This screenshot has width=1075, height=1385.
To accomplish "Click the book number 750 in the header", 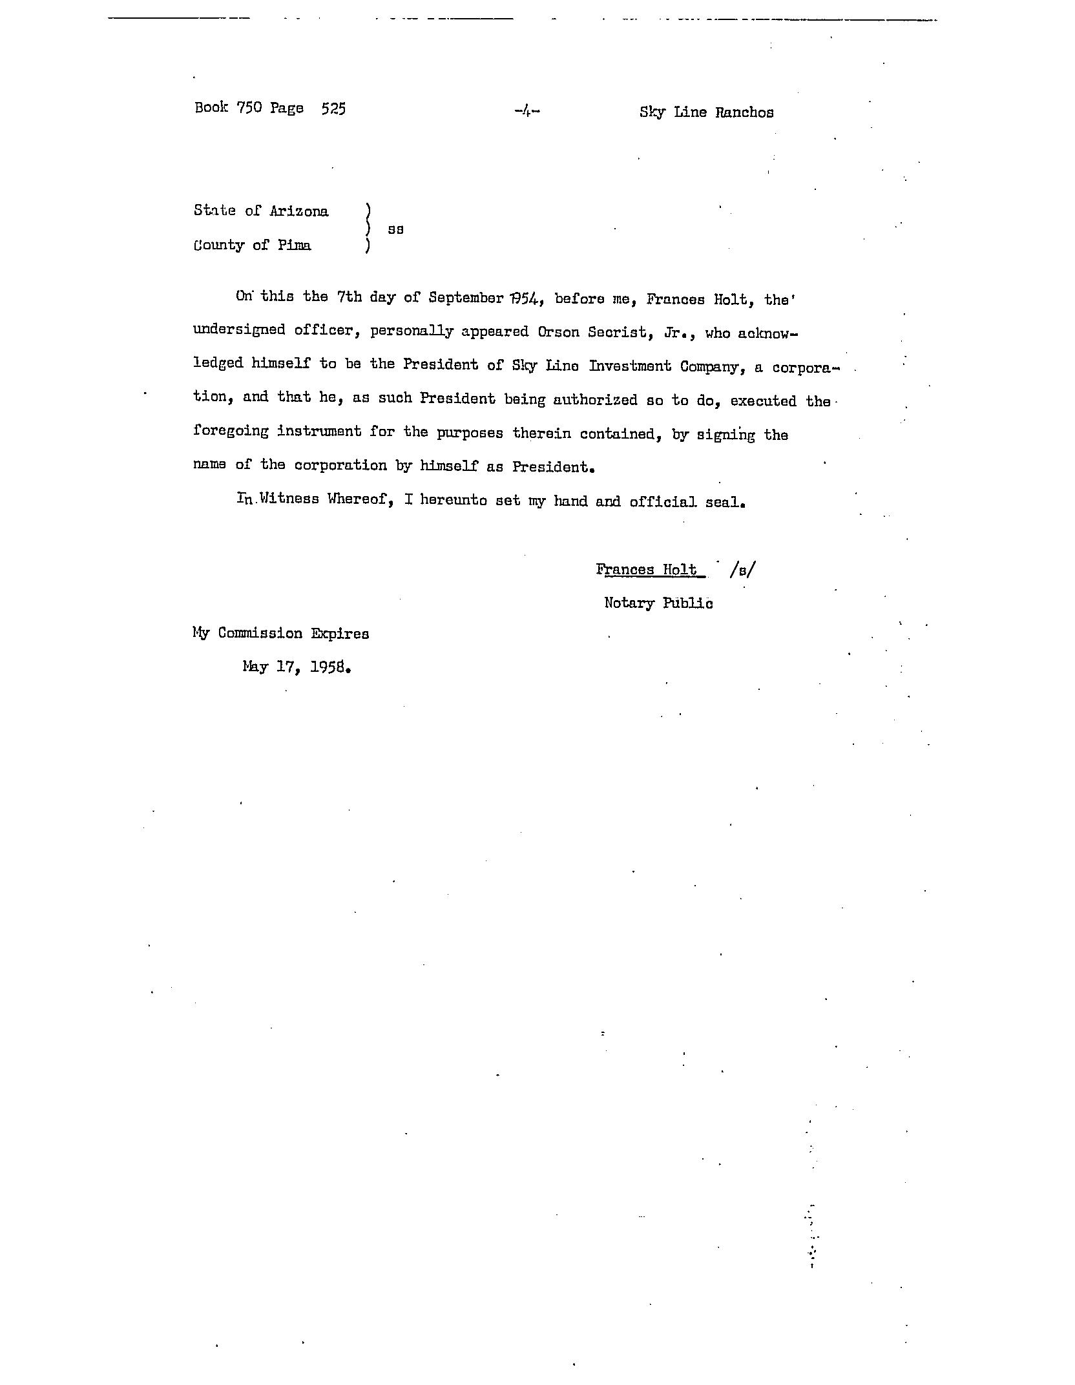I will click(249, 107).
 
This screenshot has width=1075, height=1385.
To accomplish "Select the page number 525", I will click(333, 108).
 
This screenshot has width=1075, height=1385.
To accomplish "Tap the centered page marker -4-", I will click(527, 111).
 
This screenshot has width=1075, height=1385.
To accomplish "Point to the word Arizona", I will click(298, 211).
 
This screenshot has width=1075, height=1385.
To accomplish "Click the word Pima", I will click(294, 245).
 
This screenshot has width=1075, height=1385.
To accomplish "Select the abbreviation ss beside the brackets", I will click(395, 229).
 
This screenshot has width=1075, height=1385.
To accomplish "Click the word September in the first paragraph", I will click(466, 298).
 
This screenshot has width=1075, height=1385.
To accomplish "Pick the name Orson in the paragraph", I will click(559, 332).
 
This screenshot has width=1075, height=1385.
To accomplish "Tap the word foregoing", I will click(231, 431).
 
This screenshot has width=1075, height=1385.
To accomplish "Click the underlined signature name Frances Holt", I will click(646, 570).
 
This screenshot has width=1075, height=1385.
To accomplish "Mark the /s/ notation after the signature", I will click(742, 570).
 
